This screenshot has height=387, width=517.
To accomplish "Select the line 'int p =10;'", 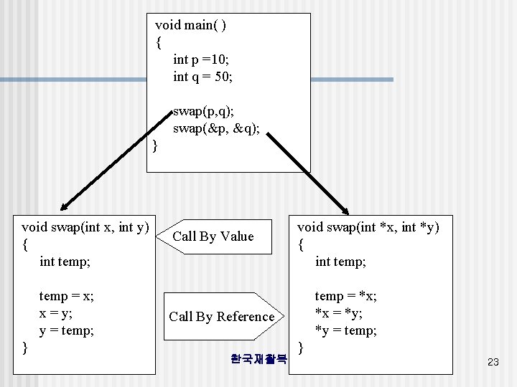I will [201, 59].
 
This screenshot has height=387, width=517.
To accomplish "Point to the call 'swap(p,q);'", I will [203, 112].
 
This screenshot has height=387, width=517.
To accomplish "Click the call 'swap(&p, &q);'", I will [216, 128].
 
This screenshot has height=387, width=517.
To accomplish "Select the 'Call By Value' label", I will [213, 236].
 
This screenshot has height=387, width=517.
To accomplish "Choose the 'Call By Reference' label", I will [222, 317].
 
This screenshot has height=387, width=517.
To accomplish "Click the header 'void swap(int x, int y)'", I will [85, 228].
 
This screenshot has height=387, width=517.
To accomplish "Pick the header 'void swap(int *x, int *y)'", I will [368, 228].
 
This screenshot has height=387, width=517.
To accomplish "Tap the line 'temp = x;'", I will [67, 296].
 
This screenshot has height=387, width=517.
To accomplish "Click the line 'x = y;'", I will [56, 313].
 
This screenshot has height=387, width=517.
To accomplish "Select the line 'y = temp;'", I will [67, 330].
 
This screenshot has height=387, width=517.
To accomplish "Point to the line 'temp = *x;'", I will [346, 296].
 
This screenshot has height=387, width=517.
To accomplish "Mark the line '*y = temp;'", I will [346, 330].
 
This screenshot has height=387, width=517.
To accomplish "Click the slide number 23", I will [493, 363].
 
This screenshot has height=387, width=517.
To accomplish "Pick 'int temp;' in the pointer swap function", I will [340, 262].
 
